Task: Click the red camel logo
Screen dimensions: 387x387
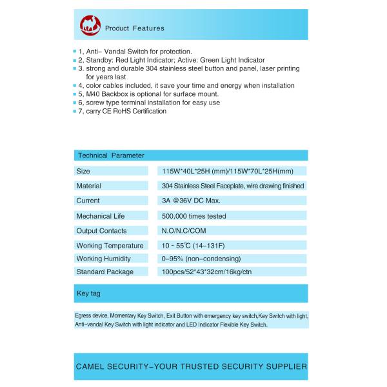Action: [x=90, y=26]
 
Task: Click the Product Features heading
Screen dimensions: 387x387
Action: [x=134, y=28]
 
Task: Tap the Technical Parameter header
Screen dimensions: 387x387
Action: [x=110, y=155]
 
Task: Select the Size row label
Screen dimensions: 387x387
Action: [x=83, y=172]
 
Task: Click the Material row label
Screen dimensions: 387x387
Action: [x=88, y=186]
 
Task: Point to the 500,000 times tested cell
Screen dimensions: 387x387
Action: [x=194, y=216]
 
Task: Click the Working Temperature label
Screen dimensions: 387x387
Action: [x=110, y=246]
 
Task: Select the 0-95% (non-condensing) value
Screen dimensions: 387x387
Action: [x=201, y=259]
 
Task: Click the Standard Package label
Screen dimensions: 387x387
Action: [x=104, y=272]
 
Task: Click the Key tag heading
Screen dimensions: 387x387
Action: [x=88, y=293]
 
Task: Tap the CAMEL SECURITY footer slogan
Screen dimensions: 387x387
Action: [x=191, y=366]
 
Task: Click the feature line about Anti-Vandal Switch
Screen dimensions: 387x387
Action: [x=135, y=51]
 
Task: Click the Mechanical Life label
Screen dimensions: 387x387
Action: [x=100, y=216]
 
